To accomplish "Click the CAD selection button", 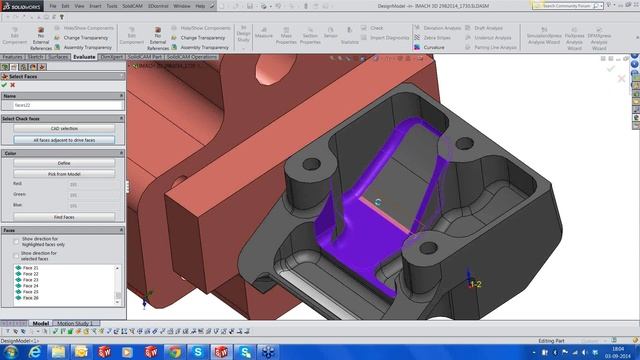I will (x=62, y=128).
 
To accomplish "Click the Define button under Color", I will (x=62, y=163).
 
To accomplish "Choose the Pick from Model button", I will (x=62, y=173).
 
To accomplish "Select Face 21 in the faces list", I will (x=29, y=268).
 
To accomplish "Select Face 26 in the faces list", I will (x=29, y=298).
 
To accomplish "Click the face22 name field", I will (x=62, y=104).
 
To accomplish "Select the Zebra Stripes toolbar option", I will (x=435, y=38).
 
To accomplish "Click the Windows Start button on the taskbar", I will (x=11, y=352).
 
